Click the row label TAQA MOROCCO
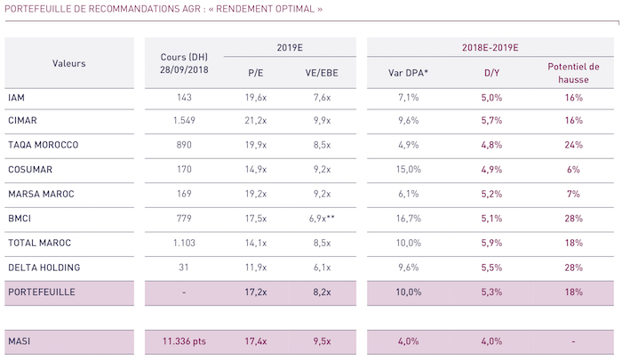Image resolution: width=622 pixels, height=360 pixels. [43, 145]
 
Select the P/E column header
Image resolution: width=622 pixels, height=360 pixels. [255, 73]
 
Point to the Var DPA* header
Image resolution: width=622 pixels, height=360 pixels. [408, 73]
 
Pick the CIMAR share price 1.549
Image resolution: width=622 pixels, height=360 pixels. [184, 121]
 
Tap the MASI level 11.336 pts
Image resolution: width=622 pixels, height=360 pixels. [184, 341]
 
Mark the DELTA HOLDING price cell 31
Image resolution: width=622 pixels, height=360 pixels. [184, 266]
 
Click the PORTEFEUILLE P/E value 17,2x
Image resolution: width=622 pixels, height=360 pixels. [255, 291]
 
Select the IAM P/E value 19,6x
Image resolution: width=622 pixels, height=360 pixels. [255, 97]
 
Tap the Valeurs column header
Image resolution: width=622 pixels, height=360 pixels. [68, 62]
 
